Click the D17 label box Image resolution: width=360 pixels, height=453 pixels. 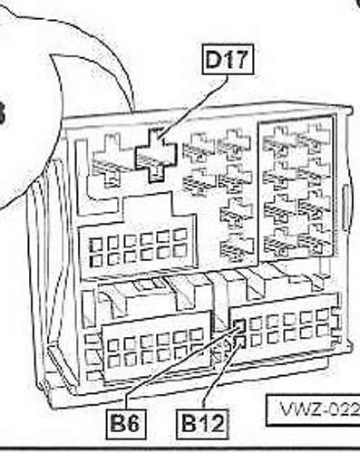tap(227, 63)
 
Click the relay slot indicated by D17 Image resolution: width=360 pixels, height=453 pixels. tap(156, 155)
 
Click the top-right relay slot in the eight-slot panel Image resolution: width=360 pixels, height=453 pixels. tap(314, 138)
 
